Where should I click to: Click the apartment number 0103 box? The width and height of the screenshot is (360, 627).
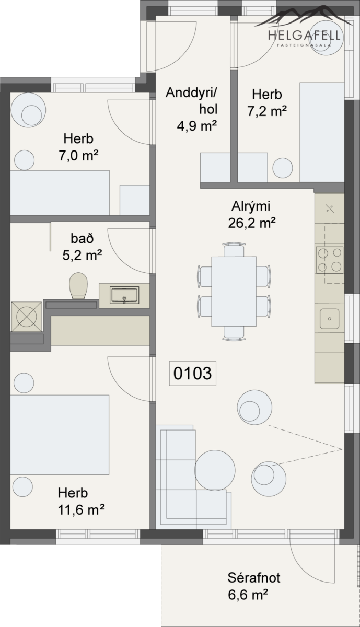tap(193, 373)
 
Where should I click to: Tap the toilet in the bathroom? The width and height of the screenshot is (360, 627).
tap(78, 286)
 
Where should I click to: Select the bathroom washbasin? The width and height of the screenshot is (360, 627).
tap(124, 295)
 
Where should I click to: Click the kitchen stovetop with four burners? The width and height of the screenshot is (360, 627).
tap(330, 260)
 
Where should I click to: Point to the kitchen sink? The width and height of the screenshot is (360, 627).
tap(330, 319)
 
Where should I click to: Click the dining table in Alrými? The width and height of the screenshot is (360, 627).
tap(234, 292)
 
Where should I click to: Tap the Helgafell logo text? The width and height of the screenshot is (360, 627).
tap(304, 36)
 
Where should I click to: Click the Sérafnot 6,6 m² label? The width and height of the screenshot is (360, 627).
tap(253, 586)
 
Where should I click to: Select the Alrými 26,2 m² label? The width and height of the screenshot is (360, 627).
tap(252, 215)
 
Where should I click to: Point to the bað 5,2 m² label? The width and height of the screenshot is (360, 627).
tap(82, 247)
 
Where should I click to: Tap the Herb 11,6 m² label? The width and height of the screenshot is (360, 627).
tap(81, 501)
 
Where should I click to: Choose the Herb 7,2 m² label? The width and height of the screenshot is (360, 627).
tap(267, 103)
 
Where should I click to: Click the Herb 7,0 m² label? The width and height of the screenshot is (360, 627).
tap(78, 147)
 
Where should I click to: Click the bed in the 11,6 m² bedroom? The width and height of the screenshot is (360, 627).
tap(60, 435)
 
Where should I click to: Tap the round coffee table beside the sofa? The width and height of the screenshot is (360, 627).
tap(215, 470)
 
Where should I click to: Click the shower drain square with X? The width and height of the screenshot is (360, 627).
tap(27, 317)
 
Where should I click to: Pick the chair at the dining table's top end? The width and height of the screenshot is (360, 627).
tap(234, 250)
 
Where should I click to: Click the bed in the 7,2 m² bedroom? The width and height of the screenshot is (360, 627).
tap(322, 132)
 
